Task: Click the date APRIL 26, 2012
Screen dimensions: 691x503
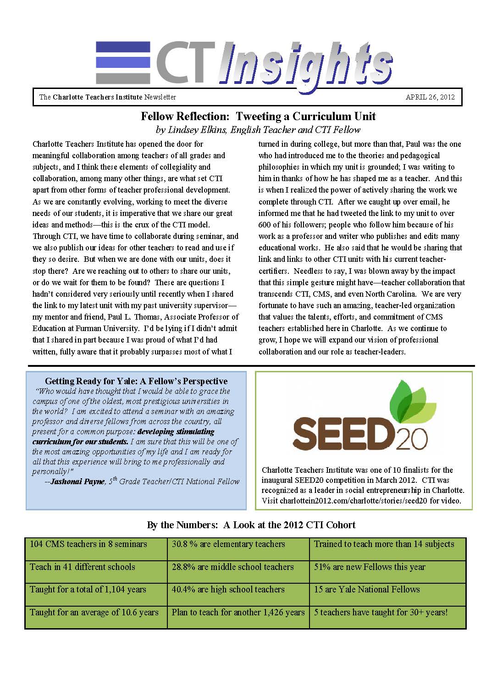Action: click(x=430, y=97)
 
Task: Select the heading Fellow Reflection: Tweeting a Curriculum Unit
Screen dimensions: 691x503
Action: click(x=258, y=116)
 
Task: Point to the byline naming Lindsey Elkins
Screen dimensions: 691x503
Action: click(x=258, y=130)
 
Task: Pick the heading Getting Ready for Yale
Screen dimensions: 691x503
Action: click(x=136, y=381)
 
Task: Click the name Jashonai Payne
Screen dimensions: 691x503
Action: click(x=77, y=481)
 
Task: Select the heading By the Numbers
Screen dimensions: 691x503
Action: click(x=251, y=525)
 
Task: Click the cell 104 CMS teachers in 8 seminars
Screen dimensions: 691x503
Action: click(x=88, y=544)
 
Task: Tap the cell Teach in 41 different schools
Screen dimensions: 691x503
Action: click(x=83, y=567)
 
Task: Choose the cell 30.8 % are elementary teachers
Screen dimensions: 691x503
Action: click(x=228, y=544)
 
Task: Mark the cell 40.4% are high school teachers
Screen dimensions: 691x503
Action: click(x=228, y=589)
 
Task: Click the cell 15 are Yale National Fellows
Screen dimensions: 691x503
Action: click(x=367, y=589)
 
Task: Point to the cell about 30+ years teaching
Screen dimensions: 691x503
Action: click(x=381, y=612)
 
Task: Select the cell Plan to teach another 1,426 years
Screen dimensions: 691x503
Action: click(x=238, y=612)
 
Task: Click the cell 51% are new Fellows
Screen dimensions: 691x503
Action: click(x=370, y=567)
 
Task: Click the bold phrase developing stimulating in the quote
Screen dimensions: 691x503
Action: click(x=176, y=431)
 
